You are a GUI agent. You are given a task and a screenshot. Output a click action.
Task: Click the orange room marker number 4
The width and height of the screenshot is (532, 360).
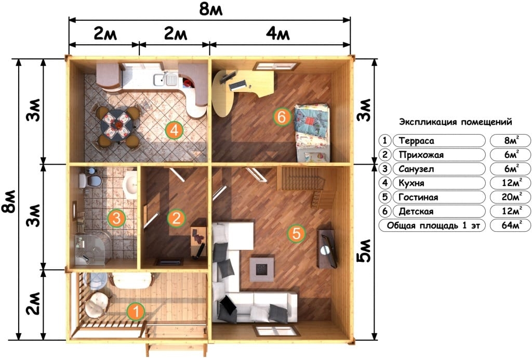coord(175,130)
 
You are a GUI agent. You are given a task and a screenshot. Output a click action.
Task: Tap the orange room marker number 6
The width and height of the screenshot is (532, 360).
coord(282,117)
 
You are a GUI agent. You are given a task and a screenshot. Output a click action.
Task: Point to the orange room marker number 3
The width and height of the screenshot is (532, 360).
coord(116,218)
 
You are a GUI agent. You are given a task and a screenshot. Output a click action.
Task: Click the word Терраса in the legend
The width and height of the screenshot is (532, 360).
coord(416,141)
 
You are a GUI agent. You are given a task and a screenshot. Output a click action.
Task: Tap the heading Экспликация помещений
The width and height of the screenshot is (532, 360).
coord(455,122)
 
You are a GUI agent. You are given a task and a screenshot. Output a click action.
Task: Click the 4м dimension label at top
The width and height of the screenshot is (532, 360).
coord(278,34)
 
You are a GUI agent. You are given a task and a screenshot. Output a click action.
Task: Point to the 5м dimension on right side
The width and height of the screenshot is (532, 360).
coord(364,251)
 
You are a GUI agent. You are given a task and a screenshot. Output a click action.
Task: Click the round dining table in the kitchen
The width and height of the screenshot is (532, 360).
coord(116,125)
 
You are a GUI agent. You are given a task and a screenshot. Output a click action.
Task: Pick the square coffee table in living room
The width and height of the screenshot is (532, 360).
coord(262,270)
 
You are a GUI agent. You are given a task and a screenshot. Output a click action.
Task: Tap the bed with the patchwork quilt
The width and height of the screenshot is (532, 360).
coord(312,133)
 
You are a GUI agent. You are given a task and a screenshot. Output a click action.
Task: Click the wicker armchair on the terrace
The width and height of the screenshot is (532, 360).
coord(97,305)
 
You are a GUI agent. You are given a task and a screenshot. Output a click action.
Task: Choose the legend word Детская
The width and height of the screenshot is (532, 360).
coord(416,211)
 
